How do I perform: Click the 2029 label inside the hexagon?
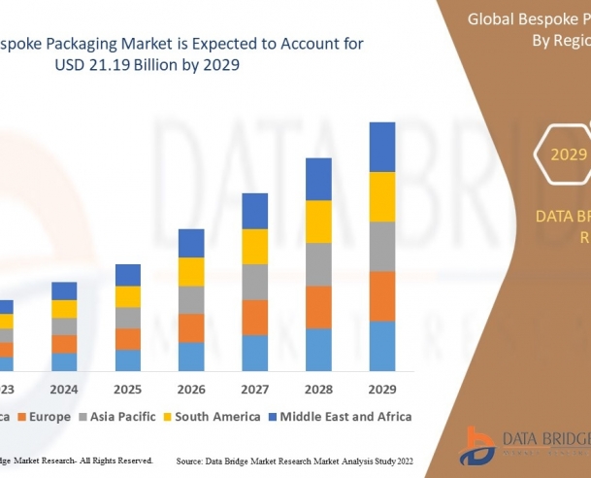pos(569,154)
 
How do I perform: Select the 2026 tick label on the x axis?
pos(191,389)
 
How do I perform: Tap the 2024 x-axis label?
pos(64,389)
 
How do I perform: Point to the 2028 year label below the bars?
pos(318,389)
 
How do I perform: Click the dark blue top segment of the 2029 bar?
pos(382,147)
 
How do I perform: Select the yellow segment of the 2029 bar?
pos(382,196)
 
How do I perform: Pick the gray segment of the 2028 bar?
pos(318,264)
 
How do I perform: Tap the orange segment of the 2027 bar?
pos(254,317)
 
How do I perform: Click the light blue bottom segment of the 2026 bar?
pos(191,356)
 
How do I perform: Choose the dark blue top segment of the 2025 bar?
pos(128,275)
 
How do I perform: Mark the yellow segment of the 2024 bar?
pos(64,309)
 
